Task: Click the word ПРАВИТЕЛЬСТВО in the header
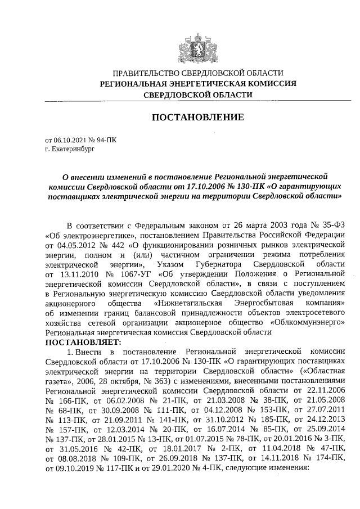click(147, 73)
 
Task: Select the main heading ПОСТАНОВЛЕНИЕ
click(198, 118)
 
